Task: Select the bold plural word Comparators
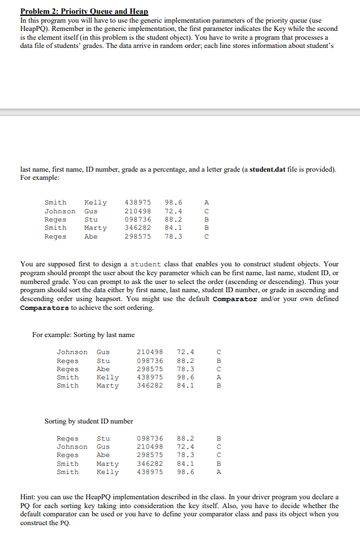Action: (45, 308)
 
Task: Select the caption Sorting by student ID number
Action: (88, 420)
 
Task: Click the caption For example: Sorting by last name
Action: (83, 334)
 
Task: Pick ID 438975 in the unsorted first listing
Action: (137, 203)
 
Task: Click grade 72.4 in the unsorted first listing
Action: (174, 211)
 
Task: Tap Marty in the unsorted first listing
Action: (95, 227)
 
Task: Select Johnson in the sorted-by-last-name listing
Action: (72, 352)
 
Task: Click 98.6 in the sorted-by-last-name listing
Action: (186, 377)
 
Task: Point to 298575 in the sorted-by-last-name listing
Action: (150, 369)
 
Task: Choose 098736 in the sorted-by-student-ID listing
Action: (150, 438)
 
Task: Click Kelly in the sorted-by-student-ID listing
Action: (107, 472)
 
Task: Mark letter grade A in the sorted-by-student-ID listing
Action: (219, 472)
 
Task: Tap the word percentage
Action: (159, 169)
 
